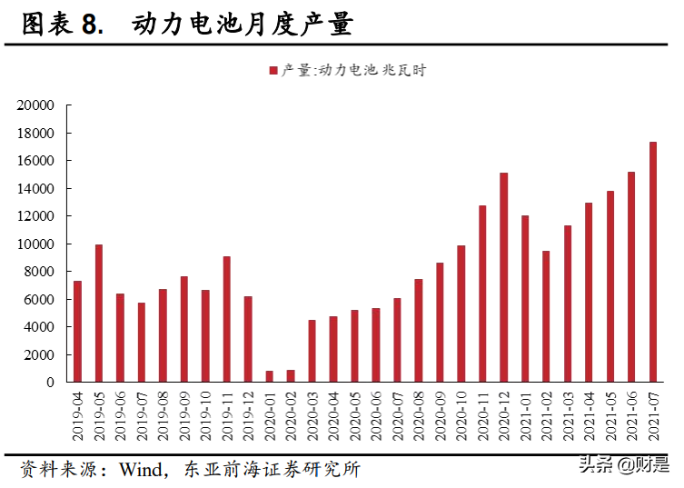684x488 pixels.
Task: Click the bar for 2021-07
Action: [x=653, y=262]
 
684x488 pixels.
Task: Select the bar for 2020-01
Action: [x=270, y=376]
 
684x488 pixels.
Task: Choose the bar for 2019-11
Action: [x=227, y=319]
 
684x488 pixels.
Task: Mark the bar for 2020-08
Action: [x=419, y=330]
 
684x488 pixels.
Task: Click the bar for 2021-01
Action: [x=525, y=298]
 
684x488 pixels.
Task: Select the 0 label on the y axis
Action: [x=52, y=383]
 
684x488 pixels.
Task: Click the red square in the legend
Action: [x=273, y=70]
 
